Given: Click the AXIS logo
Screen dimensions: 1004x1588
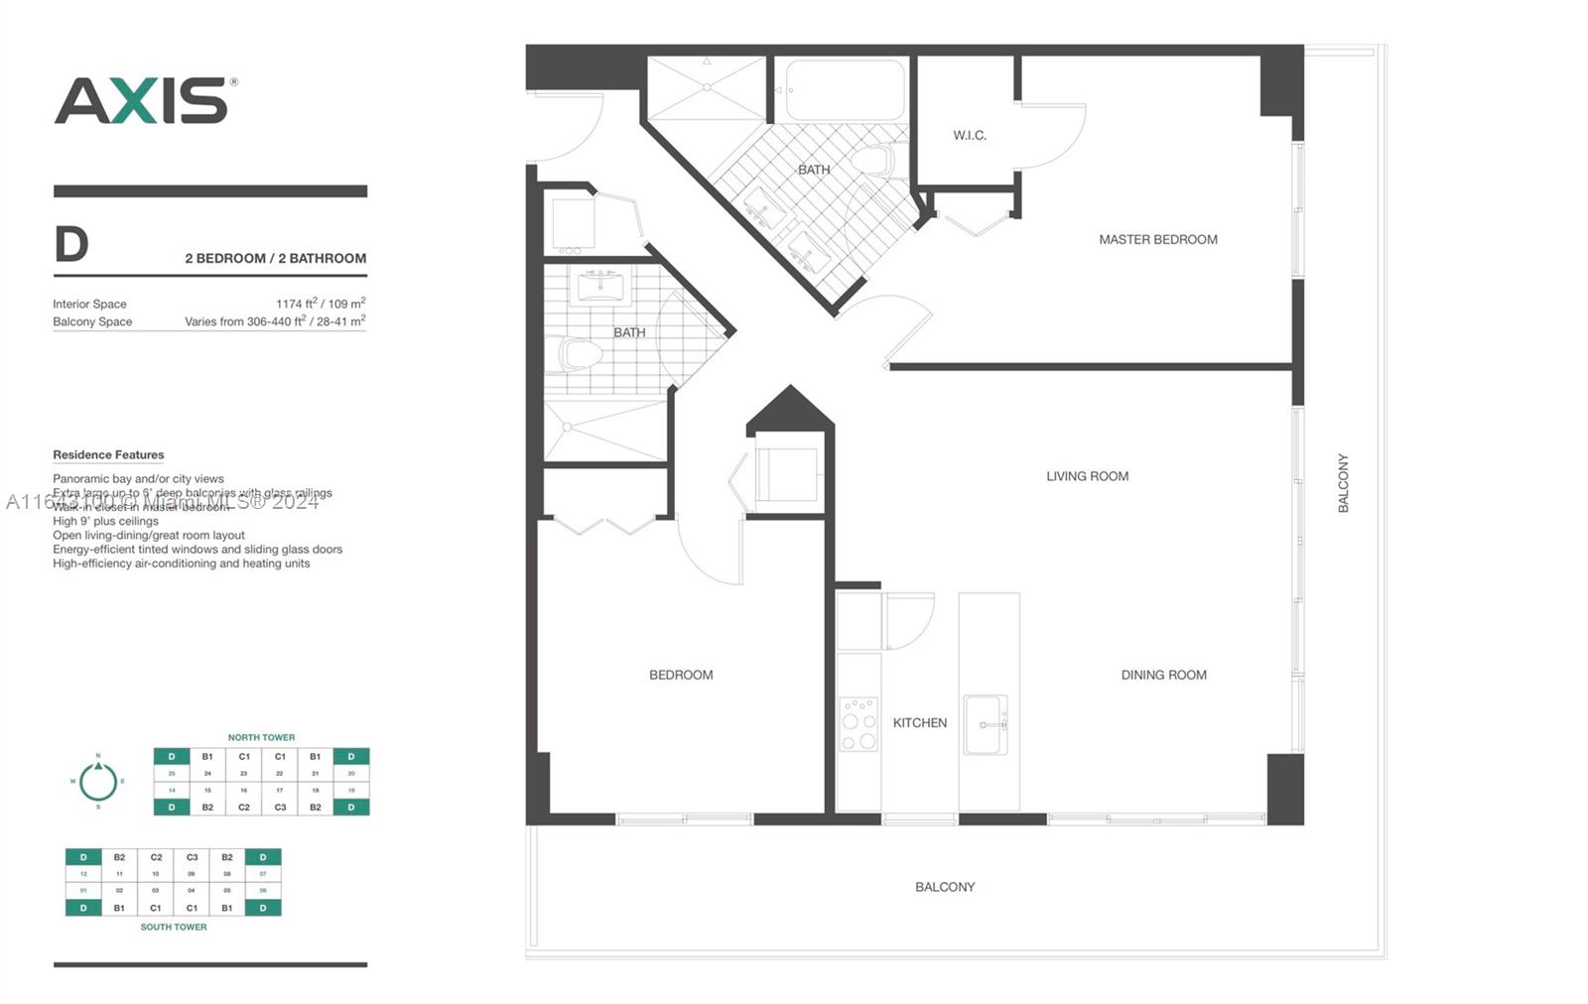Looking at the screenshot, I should click(144, 100).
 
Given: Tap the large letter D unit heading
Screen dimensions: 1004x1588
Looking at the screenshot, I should click(71, 244).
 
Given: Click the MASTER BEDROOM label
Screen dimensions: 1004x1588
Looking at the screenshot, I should click(1157, 239).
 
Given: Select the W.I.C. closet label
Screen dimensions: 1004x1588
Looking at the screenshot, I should click(970, 135).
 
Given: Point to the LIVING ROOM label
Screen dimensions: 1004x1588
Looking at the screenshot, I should click(1087, 476).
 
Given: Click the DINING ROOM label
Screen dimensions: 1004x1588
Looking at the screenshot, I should click(1163, 675).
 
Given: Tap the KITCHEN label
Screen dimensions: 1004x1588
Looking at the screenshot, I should click(919, 722).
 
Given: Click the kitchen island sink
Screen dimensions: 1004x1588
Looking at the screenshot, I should click(985, 724).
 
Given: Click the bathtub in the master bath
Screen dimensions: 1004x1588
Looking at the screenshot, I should click(846, 90).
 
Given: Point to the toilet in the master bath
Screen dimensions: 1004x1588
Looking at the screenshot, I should click(875, 161).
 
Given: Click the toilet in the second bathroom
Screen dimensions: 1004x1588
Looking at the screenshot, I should click(578, 354).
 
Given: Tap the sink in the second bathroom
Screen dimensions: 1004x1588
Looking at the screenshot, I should click(600, 288).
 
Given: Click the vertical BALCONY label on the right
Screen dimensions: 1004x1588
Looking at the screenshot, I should click(1343, 483).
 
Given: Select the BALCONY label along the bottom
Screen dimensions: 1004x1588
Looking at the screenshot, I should click(945, 887).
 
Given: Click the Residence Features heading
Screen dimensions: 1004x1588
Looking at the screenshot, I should click(108, 455).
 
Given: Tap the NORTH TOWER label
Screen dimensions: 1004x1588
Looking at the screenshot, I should click(261, 737).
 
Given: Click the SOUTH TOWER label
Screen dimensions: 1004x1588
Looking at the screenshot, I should click(174, 927).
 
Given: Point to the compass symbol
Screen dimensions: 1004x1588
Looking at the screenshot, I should click(98, 782).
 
